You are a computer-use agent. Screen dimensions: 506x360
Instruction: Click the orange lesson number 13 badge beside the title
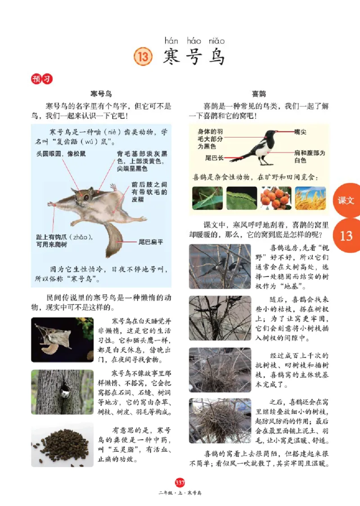[x=144, y=58]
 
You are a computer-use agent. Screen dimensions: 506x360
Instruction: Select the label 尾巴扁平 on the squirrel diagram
[x=150, y=242]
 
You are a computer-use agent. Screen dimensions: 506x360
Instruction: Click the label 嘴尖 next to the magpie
[x=300, y=132]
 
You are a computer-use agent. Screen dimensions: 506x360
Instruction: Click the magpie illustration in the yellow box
[x=261, y=146]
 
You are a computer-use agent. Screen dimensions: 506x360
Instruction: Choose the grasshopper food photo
[x=207, y=198]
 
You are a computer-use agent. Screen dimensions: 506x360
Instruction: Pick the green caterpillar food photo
[x=242, y=198]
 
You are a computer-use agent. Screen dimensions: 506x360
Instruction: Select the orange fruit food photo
[x=275, y=198]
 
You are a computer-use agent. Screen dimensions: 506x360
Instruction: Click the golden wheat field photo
[x=310, y=198]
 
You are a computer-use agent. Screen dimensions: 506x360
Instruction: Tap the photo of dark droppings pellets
[x=62, y=444]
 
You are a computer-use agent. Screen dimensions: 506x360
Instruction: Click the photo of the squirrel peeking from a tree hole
[x=62, y=392]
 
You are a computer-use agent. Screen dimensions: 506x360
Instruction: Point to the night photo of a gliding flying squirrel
[x=62, y=340]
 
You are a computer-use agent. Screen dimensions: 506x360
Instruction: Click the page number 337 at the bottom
[x=180, y=483]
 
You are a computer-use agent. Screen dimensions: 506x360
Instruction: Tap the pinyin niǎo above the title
[x=216, y=41]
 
